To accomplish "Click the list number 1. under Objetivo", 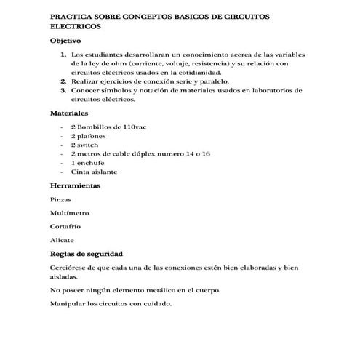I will pyautogui.click(x=63, y=55).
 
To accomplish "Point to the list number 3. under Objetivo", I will pyautogui.click(x=63, y=91).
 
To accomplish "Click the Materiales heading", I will pyautogui.click(x=68, y=114).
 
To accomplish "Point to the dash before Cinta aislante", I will pyautogui.click(x=62, y=172).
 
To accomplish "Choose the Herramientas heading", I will pyautogui.click(x=75, y=186).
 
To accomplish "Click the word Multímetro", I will pyautogui.click(x=70, y=213).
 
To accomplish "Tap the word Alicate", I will pyautogui.click(x=62, y=240).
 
